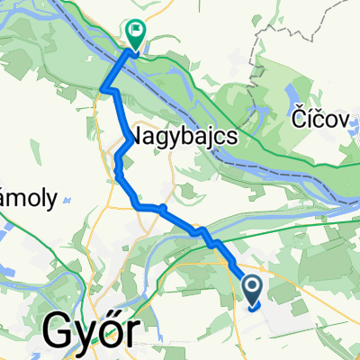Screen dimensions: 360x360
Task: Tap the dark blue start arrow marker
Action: tap(253, 289)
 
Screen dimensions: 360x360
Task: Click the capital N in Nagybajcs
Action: tap(140, 135)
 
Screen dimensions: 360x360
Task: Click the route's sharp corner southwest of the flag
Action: tap(106, 89)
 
